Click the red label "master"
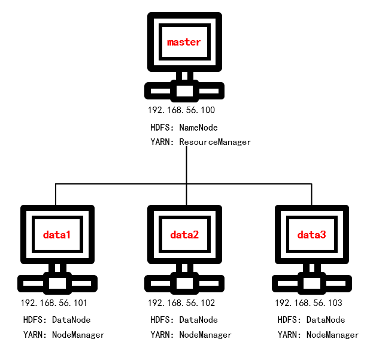[x=184, y=42]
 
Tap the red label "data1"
[x=57, y=235]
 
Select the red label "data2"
[x=184, y=235]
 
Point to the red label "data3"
[x=311, y=235]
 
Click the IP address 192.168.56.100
[x=181, y=111]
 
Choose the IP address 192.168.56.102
[x=181, y=303]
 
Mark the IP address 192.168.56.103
[x=308, y=303]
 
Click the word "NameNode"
[x=198, y=128]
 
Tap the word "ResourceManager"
[x=215, y=143]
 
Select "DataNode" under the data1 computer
[x=71, y=320]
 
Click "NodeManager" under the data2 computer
[x=205, y=335]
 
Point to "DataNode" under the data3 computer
[x=326, y=320]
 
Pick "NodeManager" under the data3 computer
[x=332, y=335]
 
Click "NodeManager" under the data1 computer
[x=78, y=335]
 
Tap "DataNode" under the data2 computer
[x=198, y=320]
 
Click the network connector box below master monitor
[x=184, y=90]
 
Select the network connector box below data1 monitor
[x=57, y=283]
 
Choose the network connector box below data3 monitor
[x=311, y=283]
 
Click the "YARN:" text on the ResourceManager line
[x=162, y=143]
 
